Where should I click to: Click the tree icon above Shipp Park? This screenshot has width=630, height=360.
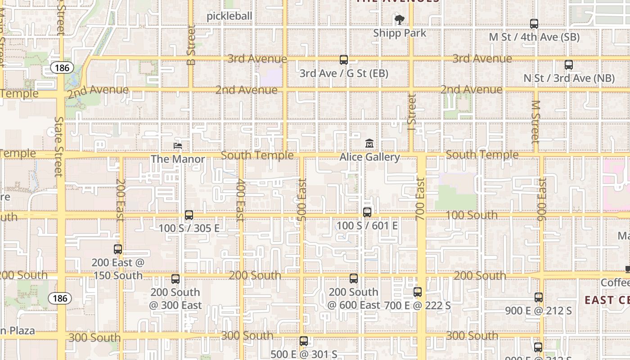coord(399,19)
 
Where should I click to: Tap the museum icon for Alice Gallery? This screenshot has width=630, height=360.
coord(369,144)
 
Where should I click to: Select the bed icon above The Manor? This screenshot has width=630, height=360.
coord(178,146)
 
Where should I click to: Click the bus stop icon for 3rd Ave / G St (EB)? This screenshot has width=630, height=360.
coord(344,59)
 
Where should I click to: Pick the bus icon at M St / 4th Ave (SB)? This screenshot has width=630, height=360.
coord(534,24)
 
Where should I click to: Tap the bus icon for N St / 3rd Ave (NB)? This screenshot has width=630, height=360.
coord(569,65)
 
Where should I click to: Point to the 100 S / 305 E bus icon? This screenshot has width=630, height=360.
coord(189,215)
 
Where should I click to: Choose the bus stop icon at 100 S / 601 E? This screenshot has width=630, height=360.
coord(367,212)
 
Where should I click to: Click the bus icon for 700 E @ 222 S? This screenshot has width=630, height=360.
coord(418,292)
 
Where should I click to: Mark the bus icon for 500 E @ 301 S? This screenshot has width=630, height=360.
coord(304,341)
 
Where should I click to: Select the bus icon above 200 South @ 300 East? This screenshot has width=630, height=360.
coord(175,279)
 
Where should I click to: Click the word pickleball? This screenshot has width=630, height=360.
coord(229,16)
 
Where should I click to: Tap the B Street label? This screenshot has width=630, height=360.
coord(191,45)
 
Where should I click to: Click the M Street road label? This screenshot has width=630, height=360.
coord(535,121)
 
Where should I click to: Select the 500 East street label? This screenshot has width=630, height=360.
coord(302,200)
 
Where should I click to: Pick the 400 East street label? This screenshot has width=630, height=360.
coord(240,200)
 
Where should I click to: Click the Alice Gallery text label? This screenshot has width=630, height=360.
coord(369,157)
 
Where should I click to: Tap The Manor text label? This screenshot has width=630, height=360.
coord(178,159)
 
